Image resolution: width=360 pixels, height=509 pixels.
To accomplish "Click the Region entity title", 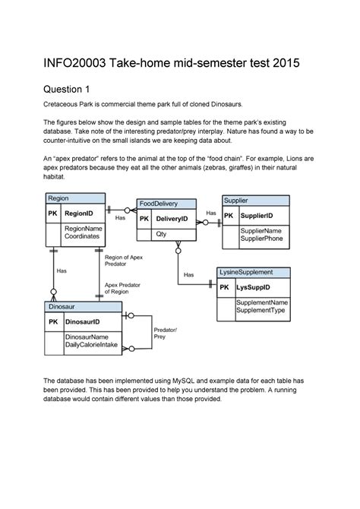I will (x=59, y=198).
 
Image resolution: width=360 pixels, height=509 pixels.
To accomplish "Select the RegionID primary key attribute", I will (x=78, y=214).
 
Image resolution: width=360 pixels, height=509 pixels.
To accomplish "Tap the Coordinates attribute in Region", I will (x=81, y=236).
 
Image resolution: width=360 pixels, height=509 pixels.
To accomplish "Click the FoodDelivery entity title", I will (x=158, y=204).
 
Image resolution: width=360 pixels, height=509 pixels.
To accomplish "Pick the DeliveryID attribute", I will (x=172, y=219).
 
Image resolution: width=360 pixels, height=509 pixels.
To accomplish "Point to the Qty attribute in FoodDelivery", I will (x=162, y=235).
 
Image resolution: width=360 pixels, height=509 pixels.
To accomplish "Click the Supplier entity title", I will (x=235, y=200).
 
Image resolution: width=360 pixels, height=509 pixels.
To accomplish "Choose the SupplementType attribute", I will (x=261, y=310).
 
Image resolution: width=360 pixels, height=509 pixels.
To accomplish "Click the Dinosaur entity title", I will (x=62, y=306).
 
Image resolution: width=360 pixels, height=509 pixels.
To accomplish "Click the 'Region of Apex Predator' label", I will (x=123, y=261).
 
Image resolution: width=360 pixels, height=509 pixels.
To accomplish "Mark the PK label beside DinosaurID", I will (x=53, y=322).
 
